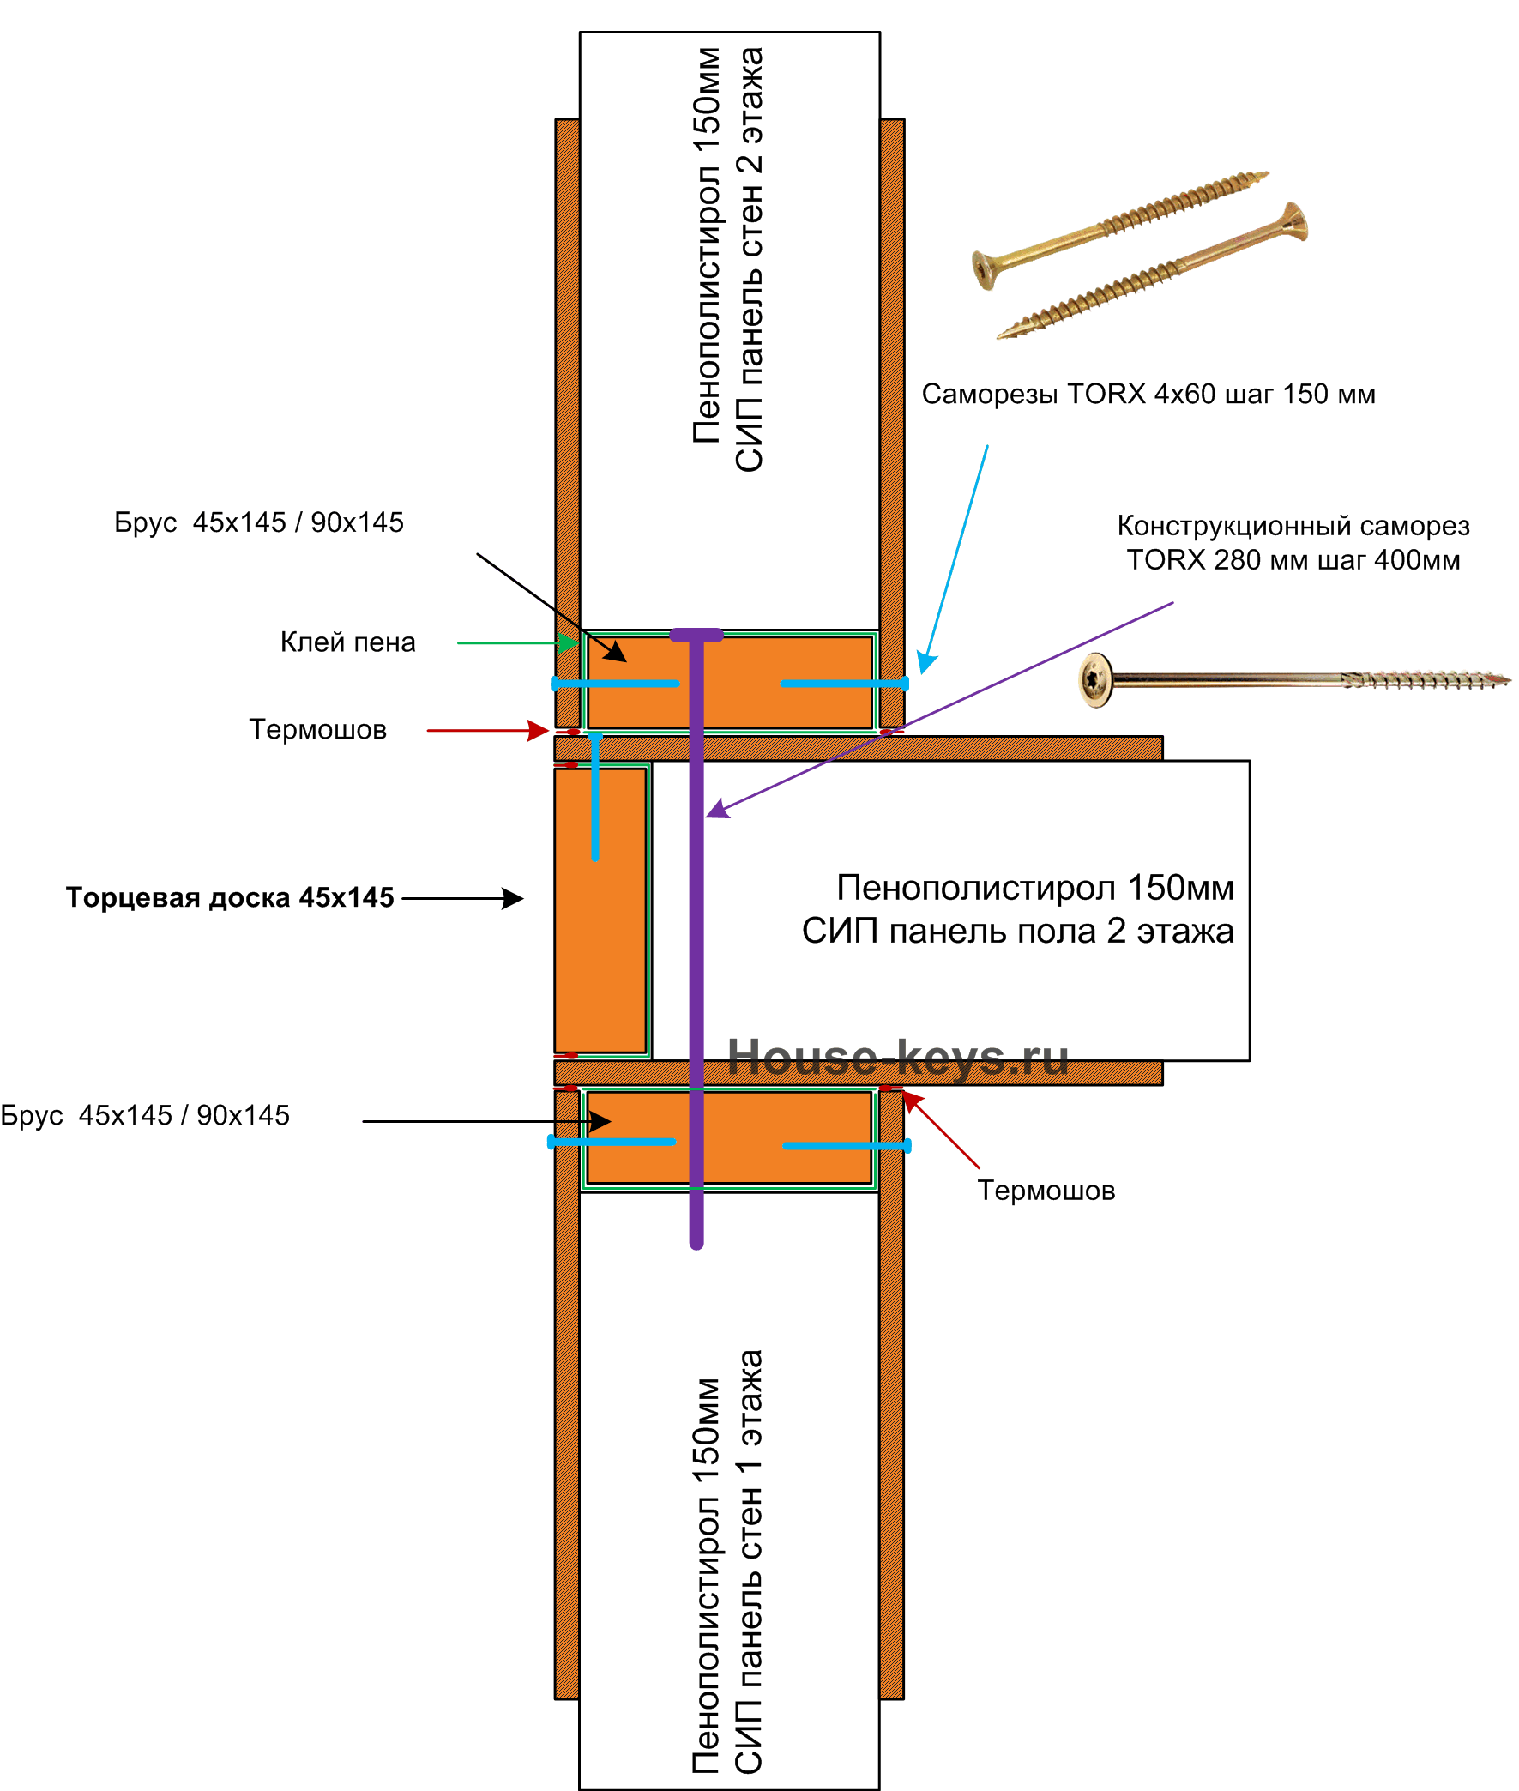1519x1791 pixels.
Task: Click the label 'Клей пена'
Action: coord(348,642)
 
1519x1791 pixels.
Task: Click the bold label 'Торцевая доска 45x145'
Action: coord(230,897)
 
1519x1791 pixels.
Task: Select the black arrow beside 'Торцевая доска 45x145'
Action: coord(462,898)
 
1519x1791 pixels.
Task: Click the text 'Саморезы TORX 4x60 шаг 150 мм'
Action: coord(1148,394)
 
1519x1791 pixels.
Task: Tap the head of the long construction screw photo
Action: coord(1095,680)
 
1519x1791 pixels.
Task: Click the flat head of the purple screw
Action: coord(696,636)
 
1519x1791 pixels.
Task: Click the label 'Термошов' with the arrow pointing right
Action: coord(317,729)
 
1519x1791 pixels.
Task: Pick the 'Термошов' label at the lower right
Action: coord(1046,1190)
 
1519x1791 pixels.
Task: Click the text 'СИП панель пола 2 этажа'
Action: coord(1018,931)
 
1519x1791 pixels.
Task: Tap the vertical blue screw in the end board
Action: coord(595,798)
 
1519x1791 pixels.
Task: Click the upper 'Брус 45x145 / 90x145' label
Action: coord(259,522)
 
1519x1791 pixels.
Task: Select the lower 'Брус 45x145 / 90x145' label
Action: coord(145,1115)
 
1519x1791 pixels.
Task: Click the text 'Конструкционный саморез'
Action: coord(1293,525)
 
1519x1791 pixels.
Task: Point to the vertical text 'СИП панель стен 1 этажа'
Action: coord(748,1561)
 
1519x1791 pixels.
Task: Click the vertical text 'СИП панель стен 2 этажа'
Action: coord(748,259)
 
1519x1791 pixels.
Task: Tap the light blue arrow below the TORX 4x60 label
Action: coord(952,559)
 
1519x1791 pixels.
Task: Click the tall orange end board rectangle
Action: coord(600,910)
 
